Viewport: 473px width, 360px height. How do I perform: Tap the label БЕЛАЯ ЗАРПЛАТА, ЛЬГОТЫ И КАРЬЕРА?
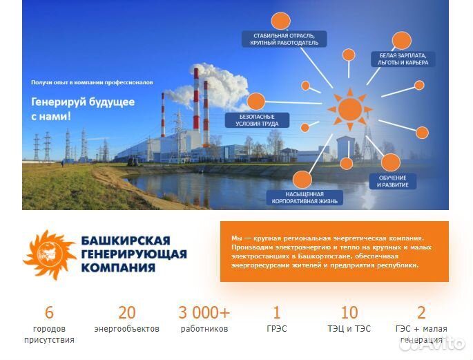[403, 59]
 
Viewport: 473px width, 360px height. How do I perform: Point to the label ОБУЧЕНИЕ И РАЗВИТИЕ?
[392, 181]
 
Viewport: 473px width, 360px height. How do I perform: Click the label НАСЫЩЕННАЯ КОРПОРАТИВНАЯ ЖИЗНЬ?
[295, 198]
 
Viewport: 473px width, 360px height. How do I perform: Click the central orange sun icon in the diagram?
[349, 108]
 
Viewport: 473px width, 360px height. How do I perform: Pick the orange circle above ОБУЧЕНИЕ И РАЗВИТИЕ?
[390, 163]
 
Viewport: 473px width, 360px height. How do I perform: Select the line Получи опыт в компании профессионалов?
[92, 82]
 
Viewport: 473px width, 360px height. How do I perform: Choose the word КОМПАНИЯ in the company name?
[116, 267]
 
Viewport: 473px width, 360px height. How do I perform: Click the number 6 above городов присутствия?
[49, 312]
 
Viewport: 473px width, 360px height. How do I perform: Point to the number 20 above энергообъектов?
[127, 312]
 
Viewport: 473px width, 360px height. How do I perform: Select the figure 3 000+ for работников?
[204, 312]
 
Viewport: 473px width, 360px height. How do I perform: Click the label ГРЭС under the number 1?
[277, 329]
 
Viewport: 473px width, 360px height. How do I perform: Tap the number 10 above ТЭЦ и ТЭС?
[349, 312]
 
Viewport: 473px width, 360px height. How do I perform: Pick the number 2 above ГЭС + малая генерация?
[421, 312]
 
